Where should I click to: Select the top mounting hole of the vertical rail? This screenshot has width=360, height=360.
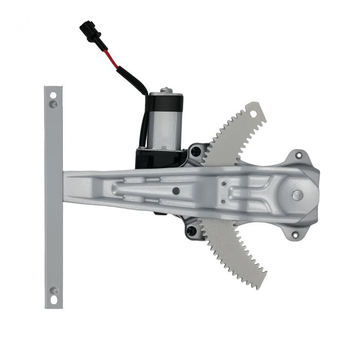tap(53, 95)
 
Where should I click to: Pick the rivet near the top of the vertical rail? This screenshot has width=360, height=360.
tap(53, 104)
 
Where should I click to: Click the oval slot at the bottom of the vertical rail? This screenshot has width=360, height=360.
tap(53, 299)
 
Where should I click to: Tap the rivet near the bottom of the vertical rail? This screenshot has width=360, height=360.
tap(53, 291)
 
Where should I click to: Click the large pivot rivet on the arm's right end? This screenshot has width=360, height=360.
tap(297, 195)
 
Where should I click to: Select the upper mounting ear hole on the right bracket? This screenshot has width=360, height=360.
tap(299, 156)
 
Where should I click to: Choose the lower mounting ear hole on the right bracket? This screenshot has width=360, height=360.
tap(295, 235)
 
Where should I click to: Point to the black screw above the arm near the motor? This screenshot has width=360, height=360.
tap(196, 152)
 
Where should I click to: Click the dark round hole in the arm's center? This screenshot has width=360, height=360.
tap(176, 191)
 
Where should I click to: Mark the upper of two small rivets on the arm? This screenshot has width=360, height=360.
tap(224, 184)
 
